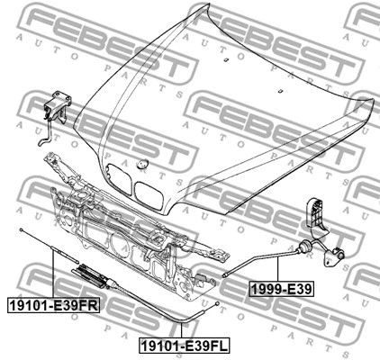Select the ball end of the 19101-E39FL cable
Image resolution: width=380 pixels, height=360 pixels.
(x=220, y=307)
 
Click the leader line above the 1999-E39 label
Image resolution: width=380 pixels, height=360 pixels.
(x=279, y=269)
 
